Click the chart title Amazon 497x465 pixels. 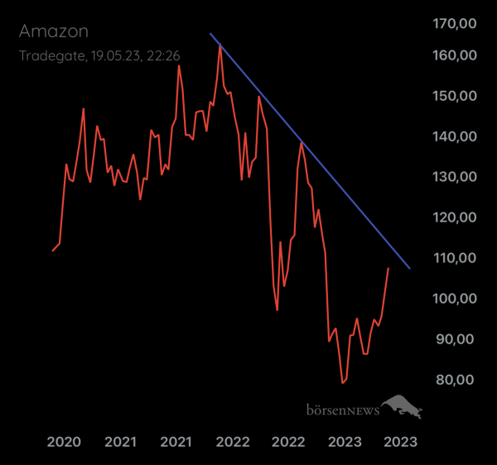coord(53,31)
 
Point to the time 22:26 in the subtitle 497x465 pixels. coord(166,55)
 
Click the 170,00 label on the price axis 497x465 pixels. coord(455,24)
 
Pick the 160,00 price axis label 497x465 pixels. coord(455,55)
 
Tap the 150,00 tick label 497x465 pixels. coord(455,96)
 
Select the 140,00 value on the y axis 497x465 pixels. coord(455,137)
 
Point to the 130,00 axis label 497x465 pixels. coord(455,177)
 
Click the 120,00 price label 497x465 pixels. coord(455,218)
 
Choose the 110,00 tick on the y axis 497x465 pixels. coord(455,258)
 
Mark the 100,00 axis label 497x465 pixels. coord(455,299)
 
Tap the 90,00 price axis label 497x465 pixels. coord(458,339)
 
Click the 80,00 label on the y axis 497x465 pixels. coord(458,380)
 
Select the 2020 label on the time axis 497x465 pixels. coord(64,442)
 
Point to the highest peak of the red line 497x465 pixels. coord(220,46)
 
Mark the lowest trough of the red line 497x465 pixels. coord(342,383)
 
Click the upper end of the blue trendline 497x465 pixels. coord(210,34)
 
